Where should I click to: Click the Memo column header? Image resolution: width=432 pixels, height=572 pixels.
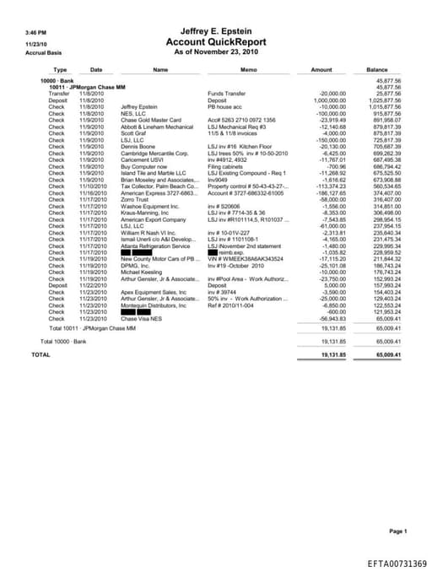[x=248, y=69]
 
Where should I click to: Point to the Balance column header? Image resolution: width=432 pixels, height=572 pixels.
[x=377, y=69]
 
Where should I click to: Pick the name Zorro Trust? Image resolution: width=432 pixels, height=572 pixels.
[x=136, y=199]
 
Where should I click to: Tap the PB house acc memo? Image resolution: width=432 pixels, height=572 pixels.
[x=224, y=107]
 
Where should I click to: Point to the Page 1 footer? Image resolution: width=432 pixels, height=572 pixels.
[x=397, y=531]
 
